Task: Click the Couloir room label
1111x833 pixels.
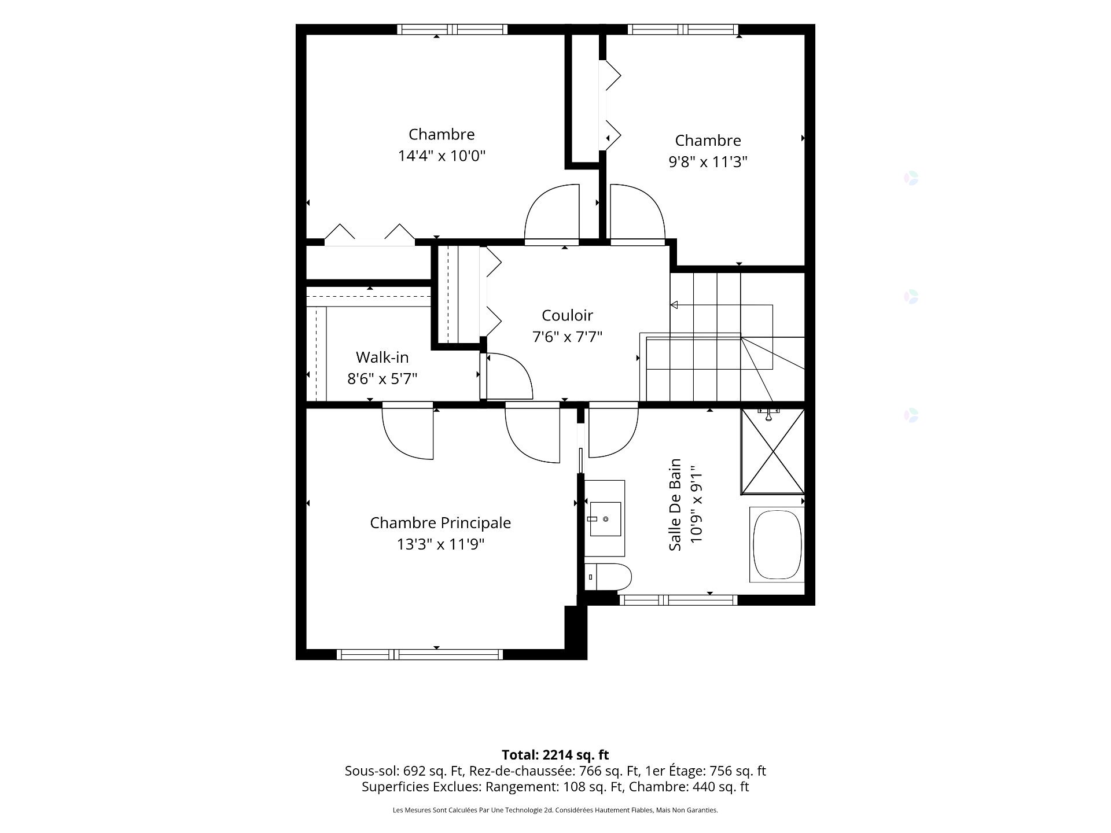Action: coord(567,315)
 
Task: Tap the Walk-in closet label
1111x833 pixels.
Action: coord(382,357)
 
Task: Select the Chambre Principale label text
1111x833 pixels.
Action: coord(440,523)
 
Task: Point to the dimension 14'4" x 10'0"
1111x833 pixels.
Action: coord(442,156)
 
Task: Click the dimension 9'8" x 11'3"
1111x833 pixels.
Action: coord(708,162)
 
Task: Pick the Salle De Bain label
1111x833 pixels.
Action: coord(675,504)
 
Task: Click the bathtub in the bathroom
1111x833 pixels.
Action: coord(777,544)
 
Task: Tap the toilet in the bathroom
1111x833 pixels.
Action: coord(608,577)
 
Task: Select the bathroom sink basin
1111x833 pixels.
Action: coord(605,519)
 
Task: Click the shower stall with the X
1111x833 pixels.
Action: coord(772,452)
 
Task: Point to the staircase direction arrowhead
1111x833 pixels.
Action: coord(674,305)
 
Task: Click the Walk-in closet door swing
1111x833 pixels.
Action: coord(507,375)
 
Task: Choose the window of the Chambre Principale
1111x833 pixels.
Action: coord(420,654)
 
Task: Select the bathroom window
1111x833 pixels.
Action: coord(678,600)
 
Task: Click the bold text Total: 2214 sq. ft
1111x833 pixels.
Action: coord(555,755)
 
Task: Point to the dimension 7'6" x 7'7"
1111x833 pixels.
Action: coord(567,337)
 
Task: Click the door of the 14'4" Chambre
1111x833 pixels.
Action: coord(551,213)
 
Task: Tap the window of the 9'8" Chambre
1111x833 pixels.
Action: coord(683,29)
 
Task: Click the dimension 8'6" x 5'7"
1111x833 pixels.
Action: coord(382,379)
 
